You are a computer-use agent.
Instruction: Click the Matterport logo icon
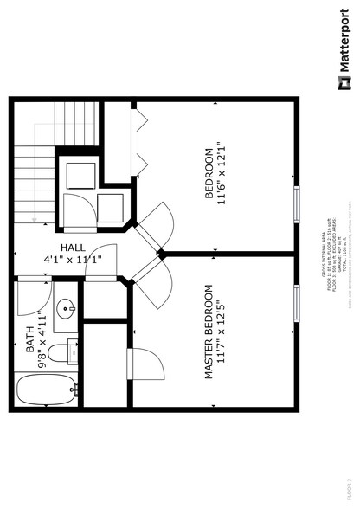coord(344,83)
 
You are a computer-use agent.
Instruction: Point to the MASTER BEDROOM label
coord(209,332)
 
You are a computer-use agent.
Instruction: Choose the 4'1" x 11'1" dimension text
coord(74,259)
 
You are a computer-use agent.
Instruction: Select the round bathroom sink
coord(67,308)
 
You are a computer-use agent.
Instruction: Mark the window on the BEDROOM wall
coord(297,204)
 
